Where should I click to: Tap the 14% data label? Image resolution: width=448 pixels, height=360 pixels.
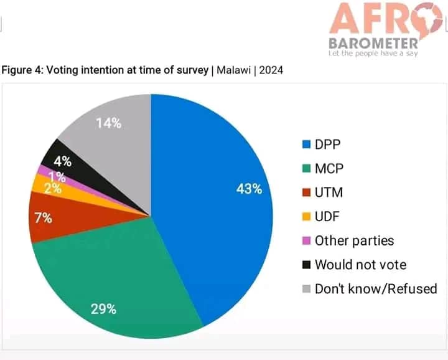point(108,123)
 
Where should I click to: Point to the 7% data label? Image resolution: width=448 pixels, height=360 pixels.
point(44,218)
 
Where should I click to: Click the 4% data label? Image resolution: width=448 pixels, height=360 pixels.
point(63,162)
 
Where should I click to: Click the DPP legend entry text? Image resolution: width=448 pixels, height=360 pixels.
point(327,144)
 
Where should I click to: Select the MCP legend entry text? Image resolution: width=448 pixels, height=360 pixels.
point(328,168)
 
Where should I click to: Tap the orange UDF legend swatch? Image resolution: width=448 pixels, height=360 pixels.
point(306,217)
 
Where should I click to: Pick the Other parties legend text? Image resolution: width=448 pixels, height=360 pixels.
point(354,240)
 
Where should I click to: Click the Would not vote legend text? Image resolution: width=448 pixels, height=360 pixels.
point(360,264)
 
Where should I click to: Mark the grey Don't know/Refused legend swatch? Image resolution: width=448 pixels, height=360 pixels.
point(306,289)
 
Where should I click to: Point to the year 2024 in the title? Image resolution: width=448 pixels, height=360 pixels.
point(271,70)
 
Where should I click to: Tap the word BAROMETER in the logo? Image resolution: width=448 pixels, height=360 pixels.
point(373,44)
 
